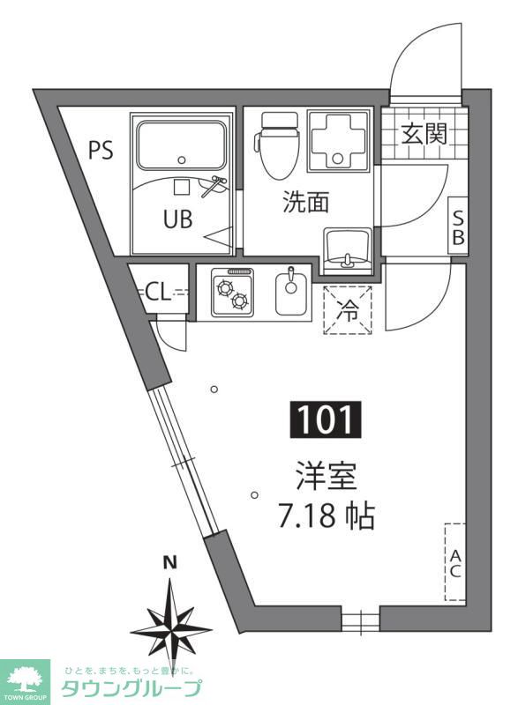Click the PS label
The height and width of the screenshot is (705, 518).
(101, 150)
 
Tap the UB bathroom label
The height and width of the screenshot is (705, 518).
(177, 219)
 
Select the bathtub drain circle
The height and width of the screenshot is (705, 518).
(182, 160)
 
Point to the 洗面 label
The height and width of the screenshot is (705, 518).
(306, 202)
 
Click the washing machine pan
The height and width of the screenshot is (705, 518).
(339, 141)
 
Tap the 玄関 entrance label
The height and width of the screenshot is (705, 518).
(424, 134)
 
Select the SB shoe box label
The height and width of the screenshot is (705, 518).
(458, 227)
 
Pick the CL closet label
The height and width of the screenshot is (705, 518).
(159, 293)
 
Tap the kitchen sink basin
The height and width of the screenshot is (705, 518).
(291, 293)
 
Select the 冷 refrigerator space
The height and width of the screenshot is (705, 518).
(348, 310)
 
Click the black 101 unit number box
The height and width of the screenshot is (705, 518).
(326, 420)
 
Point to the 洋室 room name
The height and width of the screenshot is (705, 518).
(327, 477)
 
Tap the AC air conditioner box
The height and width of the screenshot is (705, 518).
(455, 561)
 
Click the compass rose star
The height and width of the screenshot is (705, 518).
(171, 629)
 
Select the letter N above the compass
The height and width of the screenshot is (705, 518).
(170, 562)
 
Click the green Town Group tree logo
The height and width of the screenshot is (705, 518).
(25, 679)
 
